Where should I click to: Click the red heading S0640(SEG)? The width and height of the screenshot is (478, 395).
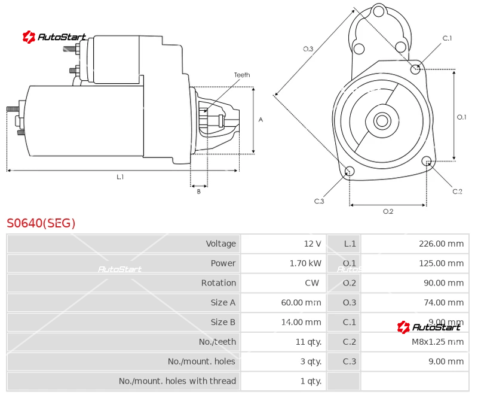point(41,223)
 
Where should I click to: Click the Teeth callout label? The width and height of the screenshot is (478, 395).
point(242,75)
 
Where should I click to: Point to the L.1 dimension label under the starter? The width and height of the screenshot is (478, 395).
point(120,177)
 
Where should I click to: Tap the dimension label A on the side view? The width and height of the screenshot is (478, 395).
point(261,120)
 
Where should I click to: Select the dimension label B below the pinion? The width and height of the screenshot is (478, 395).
point(199,192)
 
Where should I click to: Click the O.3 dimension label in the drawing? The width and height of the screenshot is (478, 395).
point(308,49)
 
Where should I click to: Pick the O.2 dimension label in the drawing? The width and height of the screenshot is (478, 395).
point(388,211)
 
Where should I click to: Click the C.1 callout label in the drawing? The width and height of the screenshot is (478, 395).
point(447,38)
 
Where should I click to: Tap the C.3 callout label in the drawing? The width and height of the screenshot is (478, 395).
point(319,201)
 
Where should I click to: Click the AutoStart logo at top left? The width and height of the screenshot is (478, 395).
point(54,37)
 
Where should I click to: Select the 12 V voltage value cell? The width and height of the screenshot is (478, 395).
point(312,244)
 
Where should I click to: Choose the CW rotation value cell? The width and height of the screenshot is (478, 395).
point(311,283)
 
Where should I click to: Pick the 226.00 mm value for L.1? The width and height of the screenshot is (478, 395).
point(441,244)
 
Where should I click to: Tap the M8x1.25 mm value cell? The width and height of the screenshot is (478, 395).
point(437,342)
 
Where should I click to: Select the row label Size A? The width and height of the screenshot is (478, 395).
point(223,303)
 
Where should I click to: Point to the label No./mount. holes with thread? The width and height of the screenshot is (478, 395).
point(177,381)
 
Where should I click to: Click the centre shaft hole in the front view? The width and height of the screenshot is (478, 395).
point(381,121)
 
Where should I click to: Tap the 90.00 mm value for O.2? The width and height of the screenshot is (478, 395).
point(443,283)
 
